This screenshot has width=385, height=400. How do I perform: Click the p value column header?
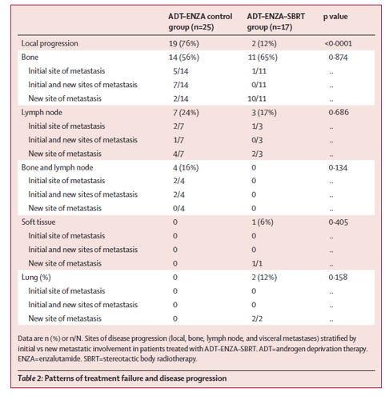(x=335, y=17)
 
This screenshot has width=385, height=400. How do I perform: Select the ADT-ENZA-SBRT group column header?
(x=276, y=22)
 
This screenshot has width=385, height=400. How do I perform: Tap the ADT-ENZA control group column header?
(x=200, y=22)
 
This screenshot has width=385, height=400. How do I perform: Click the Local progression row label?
(x=50, y=43)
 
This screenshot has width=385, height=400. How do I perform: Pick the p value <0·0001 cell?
(x=338, y=43)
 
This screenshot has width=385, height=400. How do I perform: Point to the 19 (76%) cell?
(x=184, y=43)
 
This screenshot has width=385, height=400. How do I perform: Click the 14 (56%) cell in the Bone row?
(x=184, y=58)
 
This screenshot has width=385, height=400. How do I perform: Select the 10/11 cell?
(x=257, y=98)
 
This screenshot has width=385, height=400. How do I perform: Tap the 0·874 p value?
(x=338, y=58)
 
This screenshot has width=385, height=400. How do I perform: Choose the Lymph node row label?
(x=42, y=113)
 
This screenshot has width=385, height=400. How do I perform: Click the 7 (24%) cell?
(x=186, y=113)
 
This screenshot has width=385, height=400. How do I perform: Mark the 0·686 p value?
(x=339, y=112)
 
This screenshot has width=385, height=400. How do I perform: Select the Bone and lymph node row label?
(x=57, y=167)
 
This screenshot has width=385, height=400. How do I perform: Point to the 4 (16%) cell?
(x=186, y=168)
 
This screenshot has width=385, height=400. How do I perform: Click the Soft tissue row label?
(x=38, y=222)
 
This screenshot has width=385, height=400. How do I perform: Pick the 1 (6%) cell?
(x=263, y=222)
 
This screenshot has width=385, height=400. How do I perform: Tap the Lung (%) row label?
(x=36, y=278)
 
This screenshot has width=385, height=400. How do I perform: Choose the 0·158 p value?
(x=338, y=277)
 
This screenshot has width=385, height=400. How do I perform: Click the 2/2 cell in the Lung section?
(x=257, y=318)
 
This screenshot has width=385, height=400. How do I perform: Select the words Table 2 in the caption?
(x=30, y=378)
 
